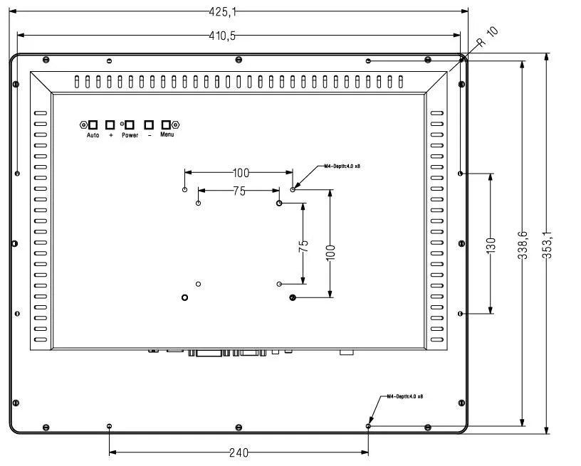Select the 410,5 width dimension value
click(222, 36)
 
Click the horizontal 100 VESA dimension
click(241, 173)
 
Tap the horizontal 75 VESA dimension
click(238, 191)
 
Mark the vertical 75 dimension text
click(303, 247)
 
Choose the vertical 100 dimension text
click(330, 253)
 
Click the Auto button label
click(93, 135)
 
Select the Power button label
click(130, 135)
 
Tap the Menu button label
click(167, 134)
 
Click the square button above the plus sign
click(110, 125)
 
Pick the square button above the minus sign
click(149, 125)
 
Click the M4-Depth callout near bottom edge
click(405, 396)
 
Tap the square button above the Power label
click(130, 125)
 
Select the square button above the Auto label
click(93, 125)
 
